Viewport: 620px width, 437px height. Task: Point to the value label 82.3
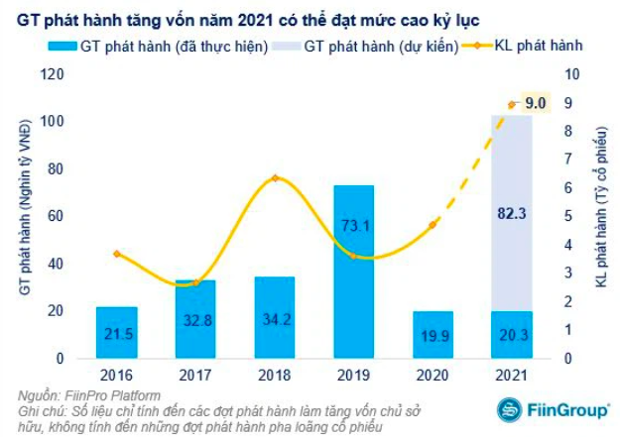pos(512,212)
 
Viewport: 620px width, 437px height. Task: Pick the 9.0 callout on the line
pos(535,101)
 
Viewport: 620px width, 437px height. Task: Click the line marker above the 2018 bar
pos(275,178)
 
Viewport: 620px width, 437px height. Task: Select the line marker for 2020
pos(433,225)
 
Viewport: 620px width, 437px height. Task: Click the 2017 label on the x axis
pos(195,375)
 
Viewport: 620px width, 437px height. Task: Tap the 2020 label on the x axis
pos(433,375)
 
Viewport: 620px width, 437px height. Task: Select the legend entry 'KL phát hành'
pos(538,46)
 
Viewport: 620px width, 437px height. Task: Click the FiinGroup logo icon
pos(508,409)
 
